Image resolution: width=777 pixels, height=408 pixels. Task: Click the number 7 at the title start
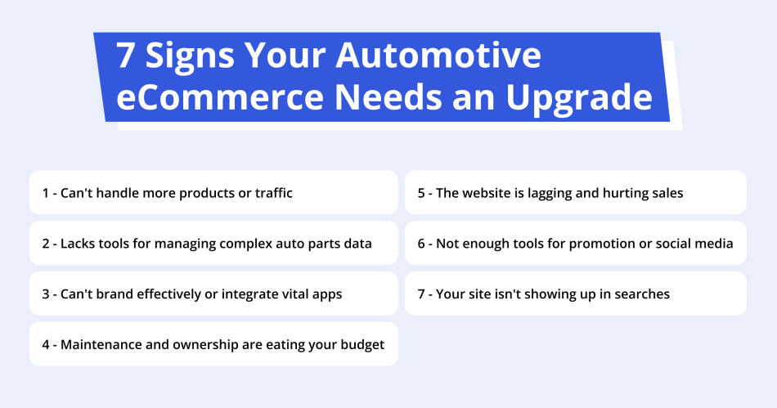[125, 56]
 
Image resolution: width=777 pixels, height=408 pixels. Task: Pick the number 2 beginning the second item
[46, 244]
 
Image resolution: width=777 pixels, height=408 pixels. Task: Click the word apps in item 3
[327, 294]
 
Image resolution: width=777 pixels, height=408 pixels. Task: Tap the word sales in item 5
[665, 193]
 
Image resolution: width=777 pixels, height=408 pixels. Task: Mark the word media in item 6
[713, 244]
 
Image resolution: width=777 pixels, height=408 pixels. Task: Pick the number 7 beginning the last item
[421, 294]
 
